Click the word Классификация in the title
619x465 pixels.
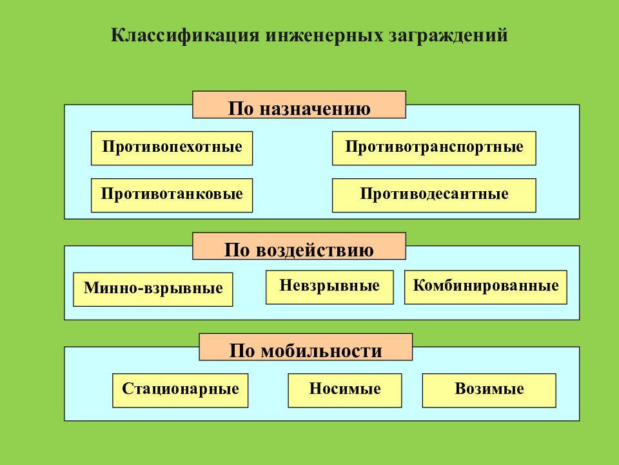point(185,36)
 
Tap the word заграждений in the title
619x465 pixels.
point(448,36)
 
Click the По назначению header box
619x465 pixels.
point(299,105)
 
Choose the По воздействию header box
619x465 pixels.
point(299,246)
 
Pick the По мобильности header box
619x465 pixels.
point(306,347)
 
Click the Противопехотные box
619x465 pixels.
point(172,149)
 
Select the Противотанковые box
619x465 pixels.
point(172,195)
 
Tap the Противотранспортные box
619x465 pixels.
point(434,149)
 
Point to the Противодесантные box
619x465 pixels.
point(434,195)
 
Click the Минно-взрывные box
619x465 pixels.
point(153,289)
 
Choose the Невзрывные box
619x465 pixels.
point(329,287)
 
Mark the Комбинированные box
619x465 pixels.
point(486,287)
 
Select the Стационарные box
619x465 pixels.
point(181,391)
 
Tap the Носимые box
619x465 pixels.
point(345,391)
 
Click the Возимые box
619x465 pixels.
point(489,391)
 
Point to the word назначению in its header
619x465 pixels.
point(315,108)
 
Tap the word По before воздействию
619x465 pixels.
point(237,250)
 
